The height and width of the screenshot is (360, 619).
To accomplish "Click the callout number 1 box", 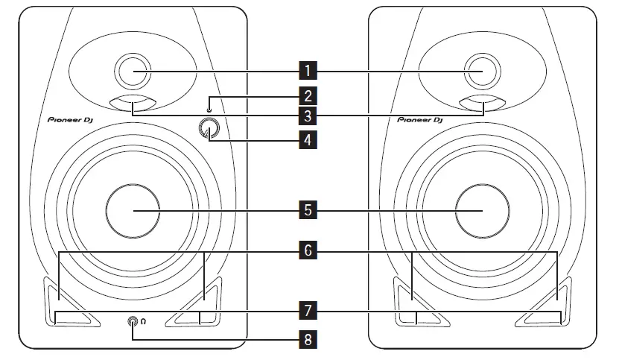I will point(307,72).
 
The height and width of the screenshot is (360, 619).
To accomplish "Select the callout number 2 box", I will point(307,95).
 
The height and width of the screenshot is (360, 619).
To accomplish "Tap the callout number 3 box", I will point(307,116).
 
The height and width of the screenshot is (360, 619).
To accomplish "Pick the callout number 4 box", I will point(307,138).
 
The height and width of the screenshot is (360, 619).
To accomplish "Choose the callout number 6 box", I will point(307,252).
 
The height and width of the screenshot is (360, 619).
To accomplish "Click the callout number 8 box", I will point(307,340).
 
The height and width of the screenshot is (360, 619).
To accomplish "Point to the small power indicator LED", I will point(210,103).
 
